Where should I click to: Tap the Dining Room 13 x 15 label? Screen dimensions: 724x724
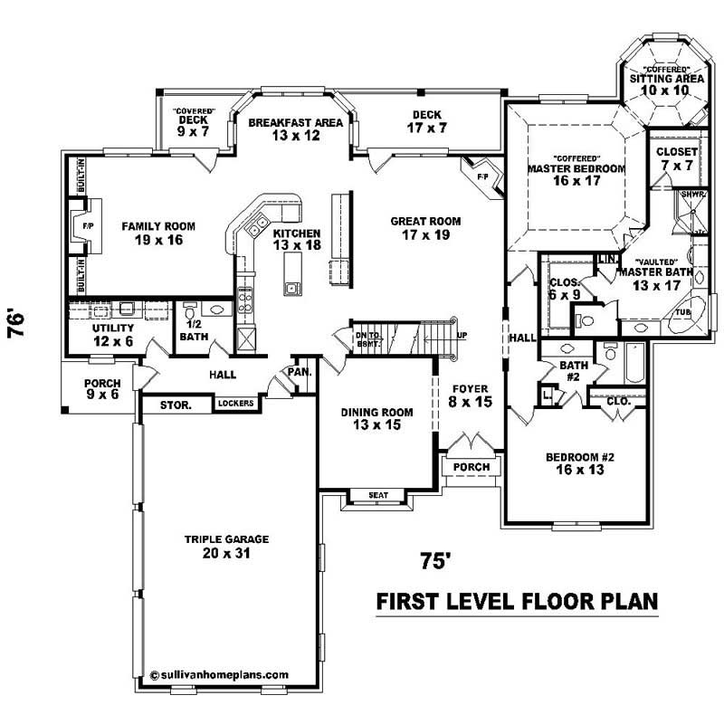click(x=376, y=419)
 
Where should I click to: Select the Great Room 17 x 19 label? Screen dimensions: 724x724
click(x=425, y=227)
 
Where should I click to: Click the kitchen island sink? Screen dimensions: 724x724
click(x=293, y=289)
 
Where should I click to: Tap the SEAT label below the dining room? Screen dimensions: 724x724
click(x=378, y=495)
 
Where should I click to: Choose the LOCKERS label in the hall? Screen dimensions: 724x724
click(x=234, y=404)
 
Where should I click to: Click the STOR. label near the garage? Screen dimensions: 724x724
click(x=176, y=405)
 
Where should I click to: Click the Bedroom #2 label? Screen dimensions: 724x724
click(x=580, y=464)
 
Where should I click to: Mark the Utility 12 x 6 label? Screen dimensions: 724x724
click(x=113, y=334)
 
